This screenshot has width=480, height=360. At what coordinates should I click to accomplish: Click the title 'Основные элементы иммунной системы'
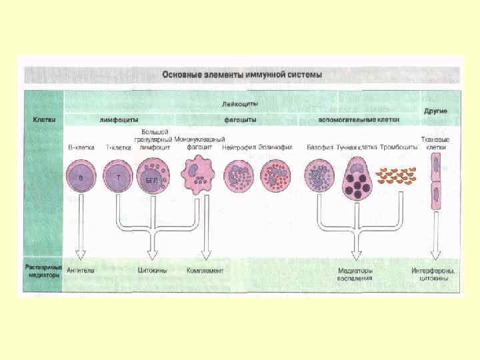point(242,75)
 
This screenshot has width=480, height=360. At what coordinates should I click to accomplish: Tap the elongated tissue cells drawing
point(436,181)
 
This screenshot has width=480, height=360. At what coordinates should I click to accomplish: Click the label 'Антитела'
point(81,271)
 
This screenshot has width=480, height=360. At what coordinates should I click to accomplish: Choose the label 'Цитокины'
point(152,271)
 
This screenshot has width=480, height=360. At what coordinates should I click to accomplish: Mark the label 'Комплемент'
point(205,271)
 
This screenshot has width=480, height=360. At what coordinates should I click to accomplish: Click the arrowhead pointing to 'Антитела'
point(81,253)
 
